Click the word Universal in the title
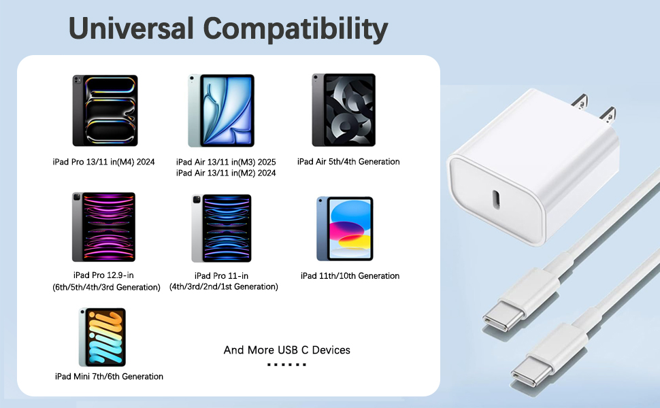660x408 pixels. click(x=131, y=29)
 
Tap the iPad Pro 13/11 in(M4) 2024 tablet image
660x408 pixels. click(x=105, y=111)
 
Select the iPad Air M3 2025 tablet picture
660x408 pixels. click(x=220, y=111)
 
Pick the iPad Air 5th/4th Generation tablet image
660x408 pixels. click(x=344, y=110)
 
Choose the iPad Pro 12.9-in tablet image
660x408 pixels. click(x=103, y=227)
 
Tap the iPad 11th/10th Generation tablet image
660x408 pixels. click(x=345, y=228)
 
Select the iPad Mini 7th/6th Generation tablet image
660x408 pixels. click(x=102, y=337)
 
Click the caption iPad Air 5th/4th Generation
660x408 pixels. click(x=348, y=162)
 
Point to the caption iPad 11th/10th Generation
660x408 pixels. click(x=350, y=276)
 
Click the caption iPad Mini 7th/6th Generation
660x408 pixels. click(x=109, y=377)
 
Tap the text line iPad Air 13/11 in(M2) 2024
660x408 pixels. click(x=226, y=173)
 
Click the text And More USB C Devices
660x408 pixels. click(x=287, y=350)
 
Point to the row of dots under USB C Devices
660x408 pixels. click(x=286, y=365)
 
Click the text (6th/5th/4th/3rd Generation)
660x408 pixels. click(x=106, y=287)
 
